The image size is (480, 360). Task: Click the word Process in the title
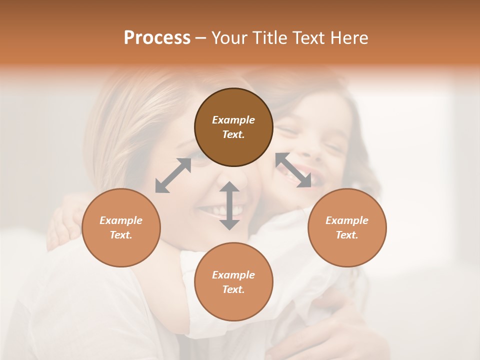point(157,38)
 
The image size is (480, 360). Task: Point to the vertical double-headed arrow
point(229,205)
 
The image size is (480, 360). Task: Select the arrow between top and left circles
point(173,175)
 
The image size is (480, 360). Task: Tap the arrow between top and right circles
point(293,170)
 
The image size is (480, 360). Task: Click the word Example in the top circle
point(233,120)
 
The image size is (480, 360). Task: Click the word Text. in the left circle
point(121,235)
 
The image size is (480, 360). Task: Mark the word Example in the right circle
point(347,220)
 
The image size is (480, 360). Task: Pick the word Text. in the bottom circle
point(233,289)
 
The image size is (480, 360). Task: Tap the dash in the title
point(201,38)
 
